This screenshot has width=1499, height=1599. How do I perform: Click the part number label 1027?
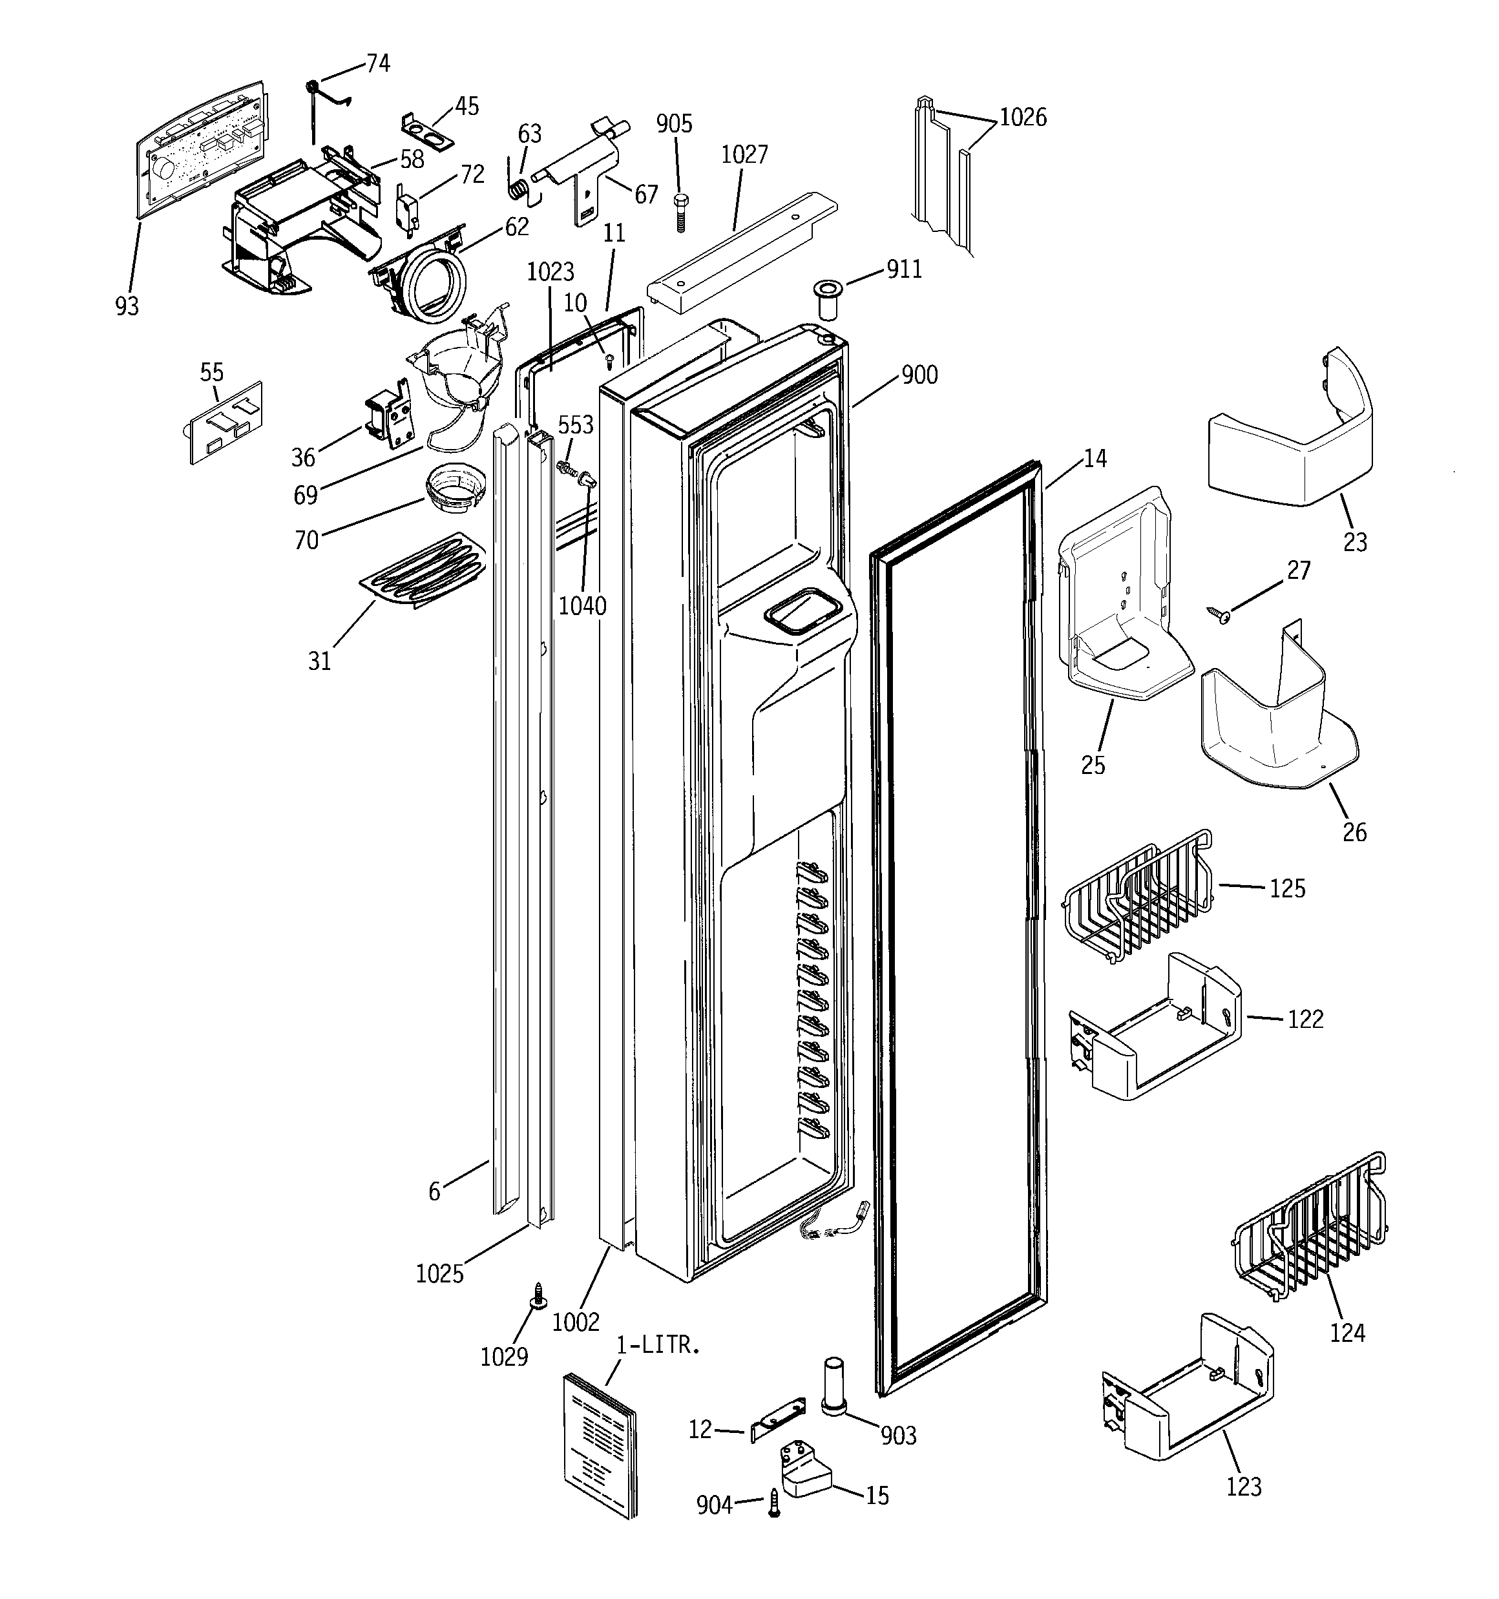tap(744, 154)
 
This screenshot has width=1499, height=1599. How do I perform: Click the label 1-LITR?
tap(658, 1345)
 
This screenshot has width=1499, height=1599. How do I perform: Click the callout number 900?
tap(919, 375)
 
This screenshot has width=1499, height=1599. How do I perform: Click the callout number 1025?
tap(439, 1273)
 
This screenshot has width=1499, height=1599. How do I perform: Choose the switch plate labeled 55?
tap(225, 423)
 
